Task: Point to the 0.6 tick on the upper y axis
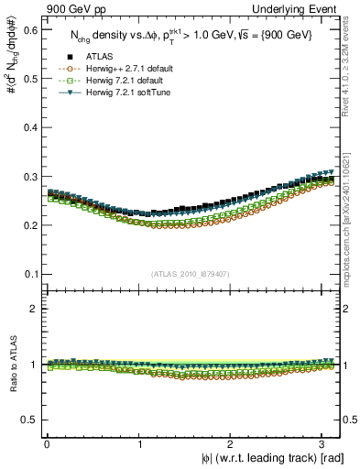click(30, 30)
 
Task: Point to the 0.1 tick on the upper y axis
click(30, 273)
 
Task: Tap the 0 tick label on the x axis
click(46, 443)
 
